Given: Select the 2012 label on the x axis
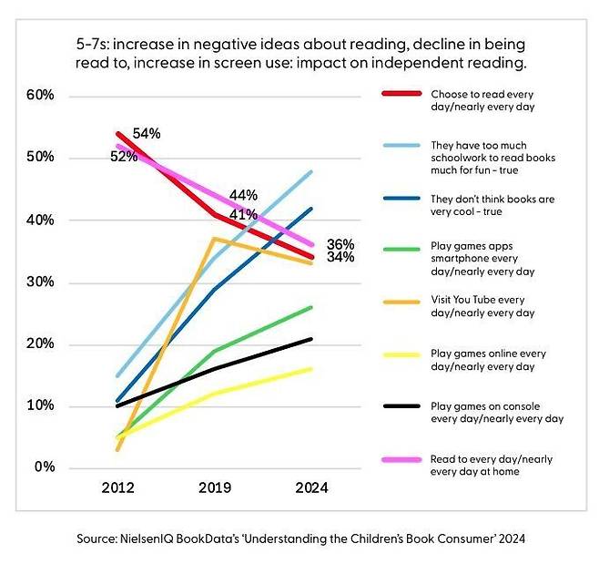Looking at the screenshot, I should (119, 487).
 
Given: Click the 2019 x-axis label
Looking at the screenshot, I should (216, 487).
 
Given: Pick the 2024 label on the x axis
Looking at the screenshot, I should (310, 487).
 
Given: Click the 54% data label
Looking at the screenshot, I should (146, 134).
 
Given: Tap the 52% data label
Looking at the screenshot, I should (124, 157).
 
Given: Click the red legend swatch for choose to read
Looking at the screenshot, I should (400, 94).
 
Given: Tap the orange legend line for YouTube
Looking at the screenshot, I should (400, 300).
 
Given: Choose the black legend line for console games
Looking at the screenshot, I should (400, 405).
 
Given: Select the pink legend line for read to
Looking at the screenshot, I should (400, 459).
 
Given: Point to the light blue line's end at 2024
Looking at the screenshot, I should (312, 171).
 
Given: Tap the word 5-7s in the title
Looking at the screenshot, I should (95, 44).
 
